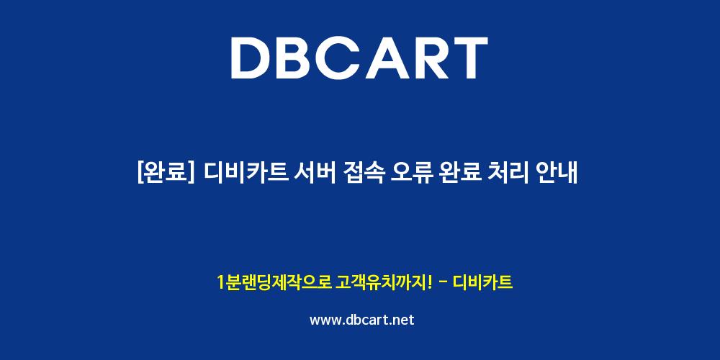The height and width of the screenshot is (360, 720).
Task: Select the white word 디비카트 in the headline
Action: pyautogui.click(x=246, y=174)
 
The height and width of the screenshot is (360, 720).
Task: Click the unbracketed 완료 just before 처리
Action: pyautogui.click(x=460, y=174)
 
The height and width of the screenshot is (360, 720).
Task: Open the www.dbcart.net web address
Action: pyautogui.click(x=362, y=320)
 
